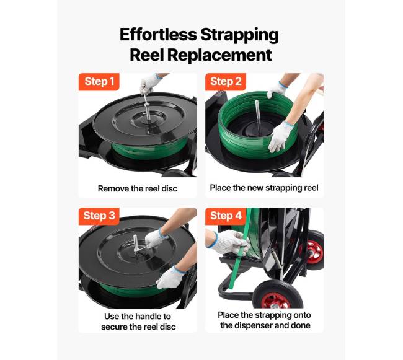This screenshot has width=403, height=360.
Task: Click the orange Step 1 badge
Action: coord(99,82)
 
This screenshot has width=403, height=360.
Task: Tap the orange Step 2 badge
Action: coord(226,82)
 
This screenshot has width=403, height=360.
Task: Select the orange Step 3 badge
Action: coord(99,216)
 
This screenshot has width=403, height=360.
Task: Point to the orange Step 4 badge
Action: coord(226,216)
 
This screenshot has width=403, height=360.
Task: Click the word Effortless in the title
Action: coord(158,35)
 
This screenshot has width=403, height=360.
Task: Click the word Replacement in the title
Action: coord(219,55)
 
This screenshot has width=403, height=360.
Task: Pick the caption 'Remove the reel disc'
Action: coord(138,189)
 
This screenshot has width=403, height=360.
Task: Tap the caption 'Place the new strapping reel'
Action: coord(264,188)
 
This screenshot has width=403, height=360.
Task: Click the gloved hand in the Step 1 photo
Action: coord(149,84)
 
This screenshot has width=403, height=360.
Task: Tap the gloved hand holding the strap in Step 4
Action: coord(228,242)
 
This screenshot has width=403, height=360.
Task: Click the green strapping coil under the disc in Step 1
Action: coord(151,149)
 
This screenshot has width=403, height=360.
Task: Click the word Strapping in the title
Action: coord(239,35)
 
